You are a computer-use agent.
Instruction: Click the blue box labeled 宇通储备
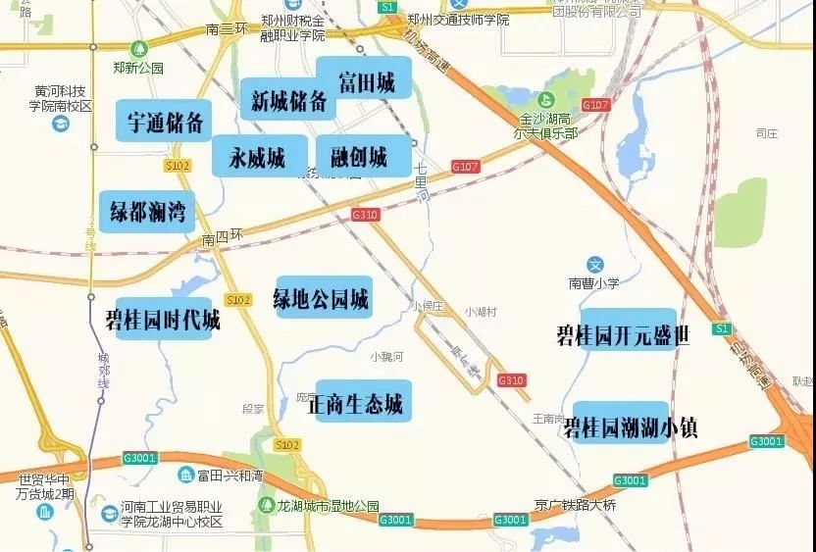(x=165, y=123)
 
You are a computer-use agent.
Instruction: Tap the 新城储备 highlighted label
(x=287, y=100)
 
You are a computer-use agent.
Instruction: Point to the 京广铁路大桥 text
(x=576, y=505)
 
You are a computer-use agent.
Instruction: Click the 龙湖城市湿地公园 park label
(x=327, y=506)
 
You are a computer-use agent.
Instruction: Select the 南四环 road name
(x=222, y=239)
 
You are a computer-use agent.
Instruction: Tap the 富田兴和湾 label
(x=229, y=477)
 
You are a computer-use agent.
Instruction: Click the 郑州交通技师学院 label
(x=459, y=19)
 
